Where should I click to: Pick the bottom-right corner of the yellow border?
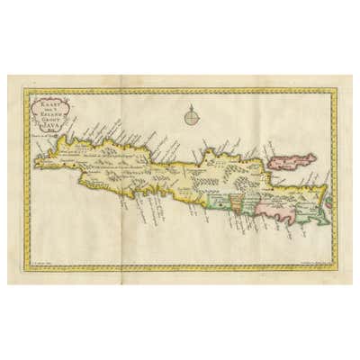335,268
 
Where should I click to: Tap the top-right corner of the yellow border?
335,90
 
